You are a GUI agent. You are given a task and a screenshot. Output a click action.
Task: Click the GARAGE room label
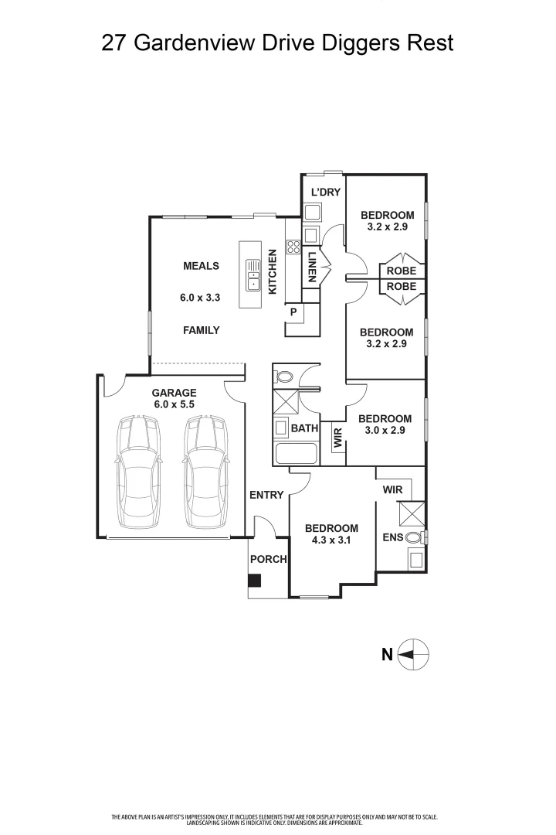pyautogui.click(x=174, y=393)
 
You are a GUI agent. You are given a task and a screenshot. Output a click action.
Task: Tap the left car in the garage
pyautogui.click(x=138, y=472)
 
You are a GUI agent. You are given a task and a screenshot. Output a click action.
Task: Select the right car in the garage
pyautogui.click(x=206, y=472)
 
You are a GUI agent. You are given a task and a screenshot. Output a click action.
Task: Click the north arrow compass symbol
pyautogui.click(x=413, y=654)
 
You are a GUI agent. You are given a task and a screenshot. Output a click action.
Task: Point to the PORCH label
pyautogui.click(x=268, y=559)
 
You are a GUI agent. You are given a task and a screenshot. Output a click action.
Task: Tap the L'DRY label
pyautogui.click(x=325, y=192)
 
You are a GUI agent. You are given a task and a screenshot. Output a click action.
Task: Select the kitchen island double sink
pyautogui.click(x=253, y=274)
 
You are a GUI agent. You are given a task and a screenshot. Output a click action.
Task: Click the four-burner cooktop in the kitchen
pyautogui.click(x=293, y=246)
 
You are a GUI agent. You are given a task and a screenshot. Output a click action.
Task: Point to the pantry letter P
pyautogui.click(x=293, y=312)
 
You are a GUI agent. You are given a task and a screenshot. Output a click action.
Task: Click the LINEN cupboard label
pyautogui.click(x=312, y=266)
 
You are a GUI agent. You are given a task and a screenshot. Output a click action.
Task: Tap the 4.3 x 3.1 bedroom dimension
pyautogui.click(x=331, y=540)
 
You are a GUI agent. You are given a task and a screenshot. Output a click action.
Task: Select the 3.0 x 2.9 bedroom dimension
pyautogui.click(x=385, y=431)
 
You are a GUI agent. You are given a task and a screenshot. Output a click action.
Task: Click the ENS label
pyautogui.click(x=392, y=537)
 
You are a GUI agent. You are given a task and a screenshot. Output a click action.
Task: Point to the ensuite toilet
pyautogui.click(x=415, y=537)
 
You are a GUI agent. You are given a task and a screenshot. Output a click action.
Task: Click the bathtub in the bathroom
pyautogui.click(x=297, y=454)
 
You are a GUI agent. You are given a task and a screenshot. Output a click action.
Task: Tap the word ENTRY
pyautogui.click(x=266, y=496)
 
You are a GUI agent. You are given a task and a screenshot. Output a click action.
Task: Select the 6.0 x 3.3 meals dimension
pyautogui.click(x=200, y=298)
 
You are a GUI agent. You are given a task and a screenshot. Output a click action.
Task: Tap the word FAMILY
pyautogui.click(x=201, y=330)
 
